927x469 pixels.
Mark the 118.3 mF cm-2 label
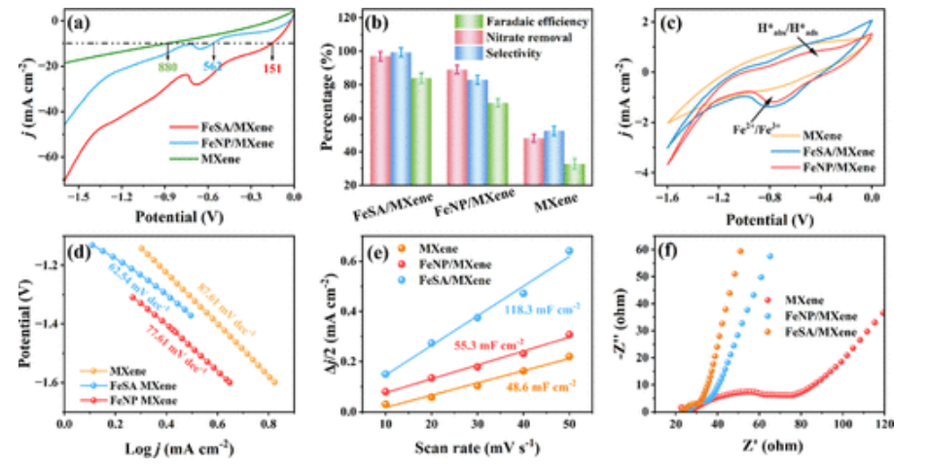(542, 307)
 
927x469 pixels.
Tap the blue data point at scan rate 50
(569, 250)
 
